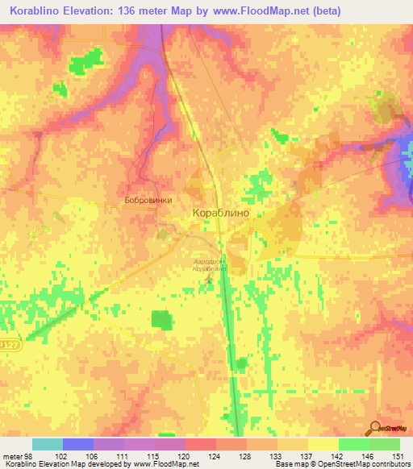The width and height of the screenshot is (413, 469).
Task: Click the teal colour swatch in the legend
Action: (x=48, y=444)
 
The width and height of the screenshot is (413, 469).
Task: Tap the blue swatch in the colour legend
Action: (x=78, y=444)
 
